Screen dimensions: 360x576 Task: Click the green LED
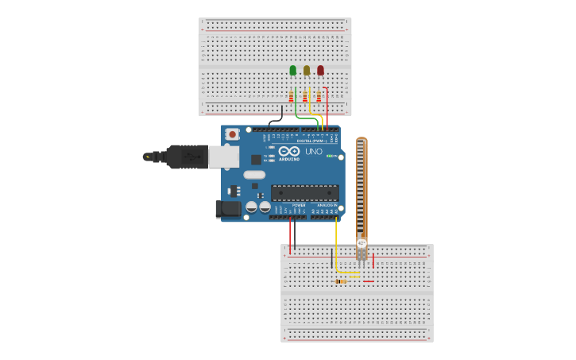[x=293, y=70]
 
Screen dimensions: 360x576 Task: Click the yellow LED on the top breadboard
[x=307, y=70]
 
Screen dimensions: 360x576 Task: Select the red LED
[x=320, y=70]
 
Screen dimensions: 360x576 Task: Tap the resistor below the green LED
[x=292, y=97]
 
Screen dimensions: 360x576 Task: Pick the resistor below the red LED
[x=319, y=97]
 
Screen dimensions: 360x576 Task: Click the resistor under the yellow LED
[x=305, y=97]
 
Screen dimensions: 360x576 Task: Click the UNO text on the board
[x=314, y=151]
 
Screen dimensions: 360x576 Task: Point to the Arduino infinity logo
[x=289, y=150]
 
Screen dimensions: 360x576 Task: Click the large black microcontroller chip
[x=305, y=192]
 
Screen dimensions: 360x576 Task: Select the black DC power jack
[x=229, y=209]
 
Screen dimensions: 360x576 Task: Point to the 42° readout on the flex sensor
[x=361, y=243]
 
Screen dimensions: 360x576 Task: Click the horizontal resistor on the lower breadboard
[x=341, y=281]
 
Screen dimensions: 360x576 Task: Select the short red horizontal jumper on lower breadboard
[x=369, y=281]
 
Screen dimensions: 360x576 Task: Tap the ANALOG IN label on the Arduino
[x=326, y=205]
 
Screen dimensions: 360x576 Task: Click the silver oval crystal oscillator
[x=254, y=175]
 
